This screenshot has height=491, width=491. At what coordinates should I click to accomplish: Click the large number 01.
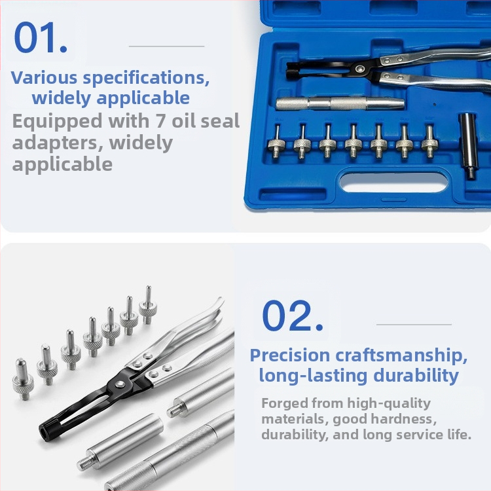[41, 37]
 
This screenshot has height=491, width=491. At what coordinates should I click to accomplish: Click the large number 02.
[293, 316]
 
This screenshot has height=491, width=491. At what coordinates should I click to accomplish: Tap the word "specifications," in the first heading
[146, 79]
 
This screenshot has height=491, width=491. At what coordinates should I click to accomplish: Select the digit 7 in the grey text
[160, 121]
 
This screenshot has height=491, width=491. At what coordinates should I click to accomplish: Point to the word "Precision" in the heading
[289, 355]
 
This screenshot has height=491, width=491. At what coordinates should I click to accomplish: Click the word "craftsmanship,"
[401, 355]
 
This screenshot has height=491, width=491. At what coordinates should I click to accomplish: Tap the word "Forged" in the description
[284, 404]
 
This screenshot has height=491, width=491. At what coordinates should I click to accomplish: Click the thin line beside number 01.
[166, 46]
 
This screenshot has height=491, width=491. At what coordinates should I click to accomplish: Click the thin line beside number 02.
[414, 325]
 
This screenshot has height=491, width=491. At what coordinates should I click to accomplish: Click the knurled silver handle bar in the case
[340, 103]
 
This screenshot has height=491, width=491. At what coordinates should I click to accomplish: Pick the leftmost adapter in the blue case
[276, 141]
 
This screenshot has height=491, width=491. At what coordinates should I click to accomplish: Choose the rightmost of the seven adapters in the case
[429, 140]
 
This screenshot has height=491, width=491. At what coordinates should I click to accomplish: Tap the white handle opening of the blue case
[393, 183]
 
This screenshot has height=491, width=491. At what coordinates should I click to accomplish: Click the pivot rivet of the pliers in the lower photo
[119, 384]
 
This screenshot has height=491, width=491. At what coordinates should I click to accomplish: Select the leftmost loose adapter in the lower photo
[23, 379]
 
